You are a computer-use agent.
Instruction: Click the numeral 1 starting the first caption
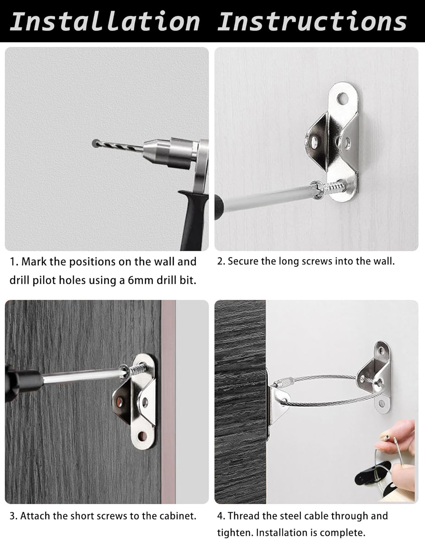click(x=12, y=262)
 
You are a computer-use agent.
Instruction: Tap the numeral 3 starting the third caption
click(x=12, y=516)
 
